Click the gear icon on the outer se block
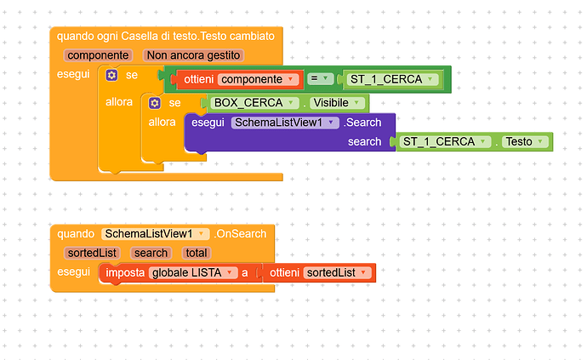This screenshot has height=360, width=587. tap(111, 75)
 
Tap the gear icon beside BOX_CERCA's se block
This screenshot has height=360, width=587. tap(155, 103)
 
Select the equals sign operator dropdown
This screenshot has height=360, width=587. tap(320, 78)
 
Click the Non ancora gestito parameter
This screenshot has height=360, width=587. tap(194, 55)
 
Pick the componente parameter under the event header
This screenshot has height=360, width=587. tap(98, 55)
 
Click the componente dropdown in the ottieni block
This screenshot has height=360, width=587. tap(259, 79)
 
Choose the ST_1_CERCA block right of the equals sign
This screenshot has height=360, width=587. tap(391, 79)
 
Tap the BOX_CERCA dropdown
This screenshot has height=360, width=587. tap(254, 103)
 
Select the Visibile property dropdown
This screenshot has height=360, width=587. tap(337, 103)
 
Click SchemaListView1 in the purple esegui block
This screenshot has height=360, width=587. tap(285, 123)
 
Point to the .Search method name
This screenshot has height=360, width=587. tap(362, 123)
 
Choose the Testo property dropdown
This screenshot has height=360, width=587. tap(525, 141)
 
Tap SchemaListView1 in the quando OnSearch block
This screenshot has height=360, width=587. tap(155, 234)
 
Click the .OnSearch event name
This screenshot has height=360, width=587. tap(240, 234)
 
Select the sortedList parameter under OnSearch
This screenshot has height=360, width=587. tap(92, 254)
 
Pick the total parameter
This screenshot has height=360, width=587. tap(197, 254)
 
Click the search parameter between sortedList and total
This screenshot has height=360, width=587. tap(151, 254)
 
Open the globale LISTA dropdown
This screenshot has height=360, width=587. tap(193, 272)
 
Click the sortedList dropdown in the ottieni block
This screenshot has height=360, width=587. tap(337, 272)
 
